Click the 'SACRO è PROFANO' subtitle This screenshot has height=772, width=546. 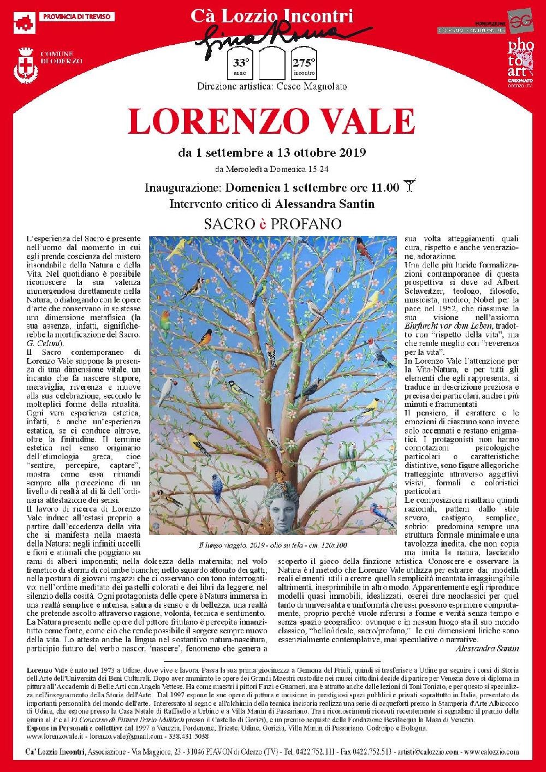click(x=272, y=224)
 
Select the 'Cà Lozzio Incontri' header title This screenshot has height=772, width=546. click(x=271, y=16)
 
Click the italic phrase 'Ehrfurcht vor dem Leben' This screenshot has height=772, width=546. click(x=441, y=326)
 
